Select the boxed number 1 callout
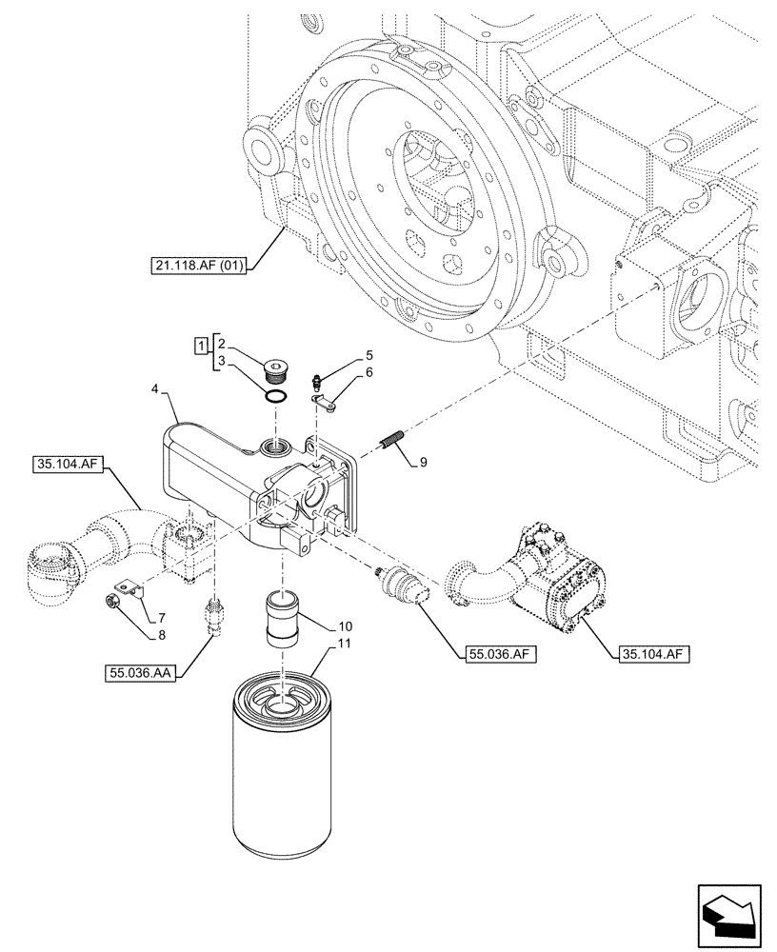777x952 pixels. (201, 344)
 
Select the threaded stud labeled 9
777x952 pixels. (393, 443)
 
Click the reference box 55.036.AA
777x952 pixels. (141, 674)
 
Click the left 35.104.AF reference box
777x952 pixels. (70, 464)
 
